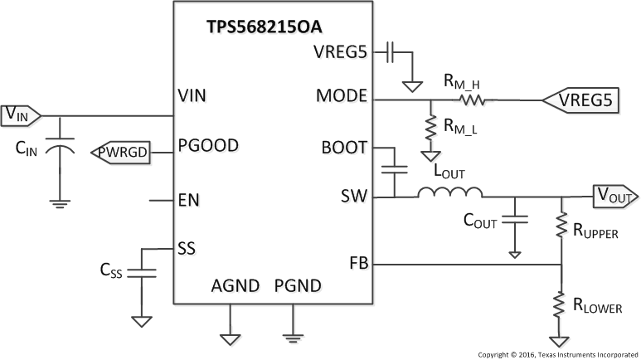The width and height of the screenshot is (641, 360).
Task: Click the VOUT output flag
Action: click(614, 197)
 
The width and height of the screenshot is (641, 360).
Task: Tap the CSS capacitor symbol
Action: click(142, 271)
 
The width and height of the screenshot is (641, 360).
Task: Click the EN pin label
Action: click(188, 200)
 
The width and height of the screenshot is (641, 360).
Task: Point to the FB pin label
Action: click(357, 265)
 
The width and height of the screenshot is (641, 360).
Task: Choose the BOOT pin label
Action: click(344, 148)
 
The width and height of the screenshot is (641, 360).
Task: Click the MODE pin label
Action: click(341, 95)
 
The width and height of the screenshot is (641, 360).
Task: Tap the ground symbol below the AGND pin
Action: click(228, 337)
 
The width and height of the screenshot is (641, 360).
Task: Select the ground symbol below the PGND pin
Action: click(292, 333)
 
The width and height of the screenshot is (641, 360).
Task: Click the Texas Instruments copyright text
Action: click(556, 353)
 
